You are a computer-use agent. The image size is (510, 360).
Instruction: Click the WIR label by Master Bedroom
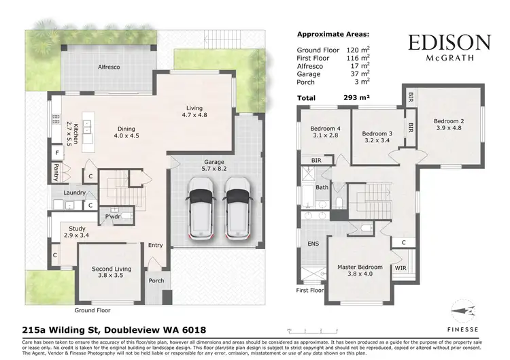[x=401, y=269]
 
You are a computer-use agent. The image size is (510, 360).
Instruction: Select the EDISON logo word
[x=449, y=43]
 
